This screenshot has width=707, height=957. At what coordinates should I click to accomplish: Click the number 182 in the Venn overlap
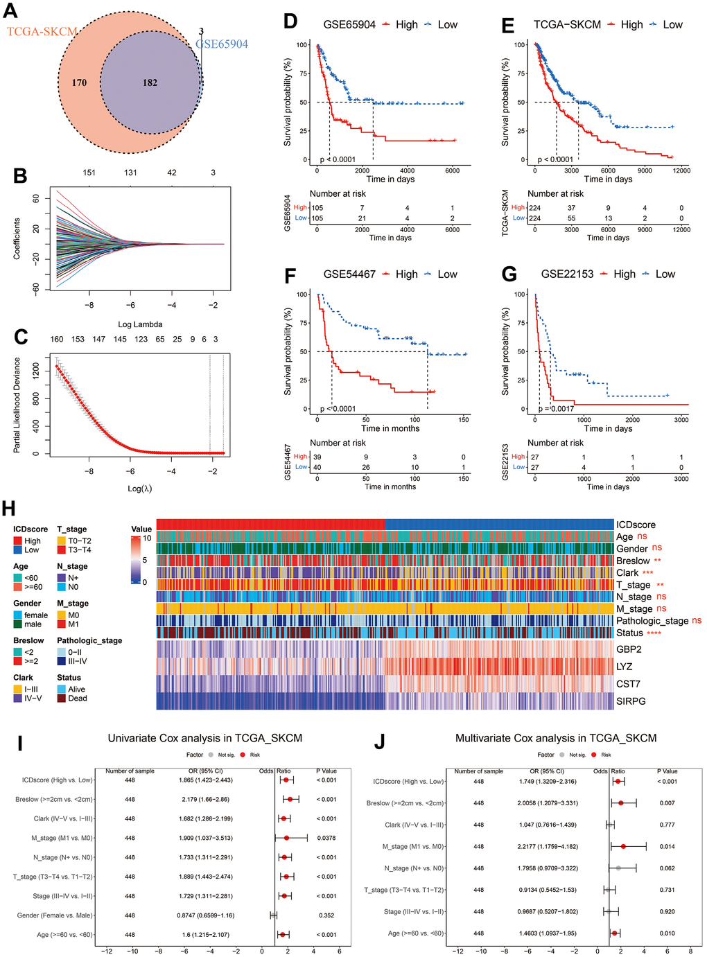click(x=150, y=82)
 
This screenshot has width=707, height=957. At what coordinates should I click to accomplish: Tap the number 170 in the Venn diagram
click(x=79, y=83)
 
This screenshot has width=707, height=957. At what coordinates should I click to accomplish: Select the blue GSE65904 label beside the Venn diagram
click(x=221, y=44)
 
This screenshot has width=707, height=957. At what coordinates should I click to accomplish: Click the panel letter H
click(x=9, y=509)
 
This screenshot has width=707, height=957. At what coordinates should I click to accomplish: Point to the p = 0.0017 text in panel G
click(x=556, y=409)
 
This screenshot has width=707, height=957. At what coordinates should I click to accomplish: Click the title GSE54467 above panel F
click(x=349, y=274)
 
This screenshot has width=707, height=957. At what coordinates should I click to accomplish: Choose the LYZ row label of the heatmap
click(x=624, y=667)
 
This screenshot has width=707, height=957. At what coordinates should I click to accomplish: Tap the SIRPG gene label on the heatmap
click(x=631, y=701)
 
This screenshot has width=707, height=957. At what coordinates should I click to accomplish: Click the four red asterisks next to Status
click(x=654, y=633)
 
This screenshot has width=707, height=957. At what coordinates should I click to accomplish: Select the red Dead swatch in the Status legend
click(x=62, y=699)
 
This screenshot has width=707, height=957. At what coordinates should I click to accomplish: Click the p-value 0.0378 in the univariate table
click(x=326, y=838)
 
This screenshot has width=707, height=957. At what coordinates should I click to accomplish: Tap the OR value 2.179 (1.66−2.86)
click(x=205, y=799)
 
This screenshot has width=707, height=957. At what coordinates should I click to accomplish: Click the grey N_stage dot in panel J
click(x=618, y=868)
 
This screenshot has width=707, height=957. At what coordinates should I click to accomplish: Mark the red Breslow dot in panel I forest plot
click(x=290, y=799)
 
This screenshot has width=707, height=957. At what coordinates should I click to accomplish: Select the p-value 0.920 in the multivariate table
click(x=667, y=911)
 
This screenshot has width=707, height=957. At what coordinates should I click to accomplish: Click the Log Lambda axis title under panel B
click(x=140, y=324)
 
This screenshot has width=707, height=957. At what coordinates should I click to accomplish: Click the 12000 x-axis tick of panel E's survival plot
click(x=681, y=170)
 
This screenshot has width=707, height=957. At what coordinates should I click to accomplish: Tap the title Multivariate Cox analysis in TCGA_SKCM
click(x=556, y=738)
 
